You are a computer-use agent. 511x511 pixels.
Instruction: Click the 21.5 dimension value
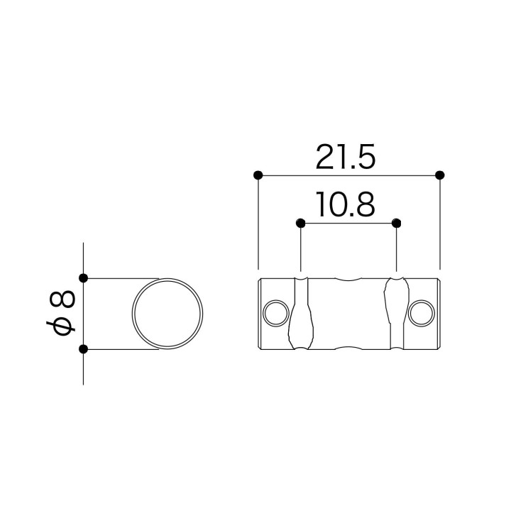[346, 157]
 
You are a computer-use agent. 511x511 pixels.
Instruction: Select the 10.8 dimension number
[346, 204]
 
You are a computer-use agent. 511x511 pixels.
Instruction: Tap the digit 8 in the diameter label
[62, 300]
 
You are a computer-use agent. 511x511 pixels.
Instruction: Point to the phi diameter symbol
[61, 327]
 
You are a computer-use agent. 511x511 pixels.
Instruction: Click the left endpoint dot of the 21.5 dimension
[258, 175]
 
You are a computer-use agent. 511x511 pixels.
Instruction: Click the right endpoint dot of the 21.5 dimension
[440, 175]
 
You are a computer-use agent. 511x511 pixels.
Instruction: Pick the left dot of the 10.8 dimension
[300, 224]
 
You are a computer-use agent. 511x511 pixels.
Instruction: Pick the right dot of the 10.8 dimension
[396, 224]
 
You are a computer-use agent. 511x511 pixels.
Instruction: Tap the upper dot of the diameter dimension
[84, 278]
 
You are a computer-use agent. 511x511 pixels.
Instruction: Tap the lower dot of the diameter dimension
[84, 349]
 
